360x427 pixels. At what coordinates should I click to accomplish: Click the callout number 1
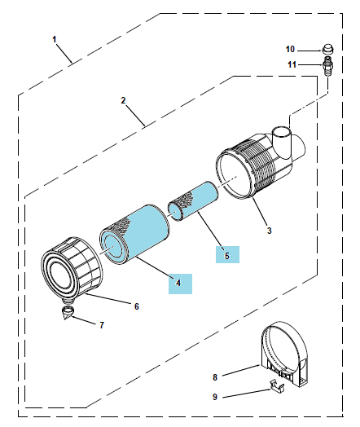pos(55,40)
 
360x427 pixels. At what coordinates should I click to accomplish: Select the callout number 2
pos(123,100)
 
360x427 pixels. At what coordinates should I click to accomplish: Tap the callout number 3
pos(269,231)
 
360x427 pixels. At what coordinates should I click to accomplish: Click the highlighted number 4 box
pos(180,284)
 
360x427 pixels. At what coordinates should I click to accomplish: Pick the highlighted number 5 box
pos(227,254)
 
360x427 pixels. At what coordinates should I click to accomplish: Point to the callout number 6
pos(137,306)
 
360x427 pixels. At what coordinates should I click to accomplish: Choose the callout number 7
pos(102,325)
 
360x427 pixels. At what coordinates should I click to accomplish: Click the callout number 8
pos(215,377)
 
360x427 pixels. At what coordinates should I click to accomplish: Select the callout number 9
pos(215,397)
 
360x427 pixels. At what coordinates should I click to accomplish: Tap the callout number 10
pos(290,49)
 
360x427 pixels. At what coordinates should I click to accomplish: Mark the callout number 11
pos(292,64)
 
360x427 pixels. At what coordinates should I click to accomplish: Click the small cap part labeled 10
pos(328,49)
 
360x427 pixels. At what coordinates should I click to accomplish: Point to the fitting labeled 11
pos(328,67)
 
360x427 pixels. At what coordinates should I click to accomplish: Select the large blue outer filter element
pos(136,234)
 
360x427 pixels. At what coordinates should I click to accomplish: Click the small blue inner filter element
pos(193,200)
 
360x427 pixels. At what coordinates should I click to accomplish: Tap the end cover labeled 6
pos(72,270)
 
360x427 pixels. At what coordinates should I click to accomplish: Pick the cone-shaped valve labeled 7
pos(68,313)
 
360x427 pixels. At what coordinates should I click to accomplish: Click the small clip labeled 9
pos(277,386)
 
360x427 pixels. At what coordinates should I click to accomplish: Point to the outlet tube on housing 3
pos(281,142)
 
